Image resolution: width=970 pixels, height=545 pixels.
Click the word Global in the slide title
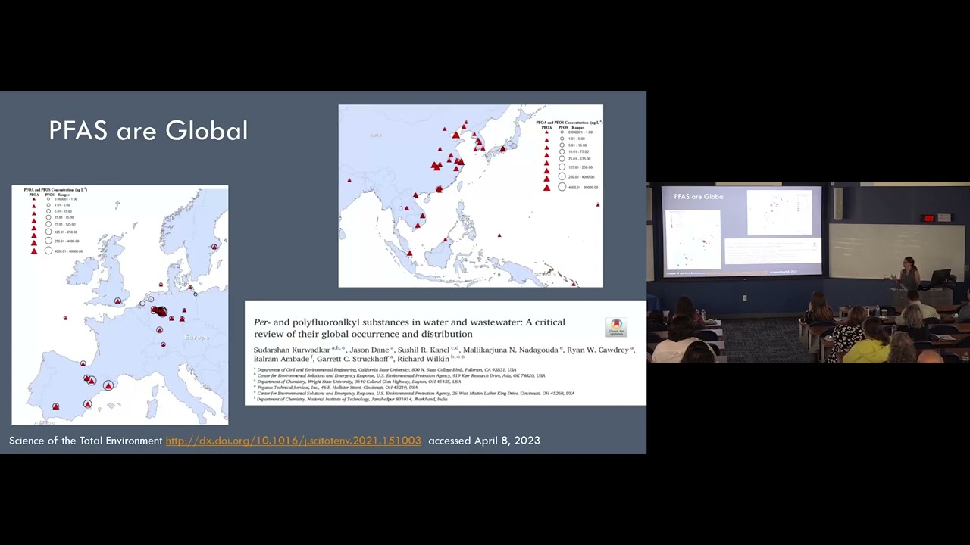(206, 131)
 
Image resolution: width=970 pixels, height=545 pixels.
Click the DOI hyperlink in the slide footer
(293, 441)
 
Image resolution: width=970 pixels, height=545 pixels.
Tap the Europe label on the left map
(196, 337)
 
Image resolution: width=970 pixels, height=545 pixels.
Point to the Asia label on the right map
(375, 135)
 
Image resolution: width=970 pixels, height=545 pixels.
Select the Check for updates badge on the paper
(616, 327)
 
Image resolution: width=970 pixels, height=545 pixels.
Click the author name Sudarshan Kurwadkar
(292, 350)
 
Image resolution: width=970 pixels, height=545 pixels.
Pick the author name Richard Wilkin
(423, 359)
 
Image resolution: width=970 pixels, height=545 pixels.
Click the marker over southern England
(117, 301)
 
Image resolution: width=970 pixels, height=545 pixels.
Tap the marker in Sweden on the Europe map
(214, 247)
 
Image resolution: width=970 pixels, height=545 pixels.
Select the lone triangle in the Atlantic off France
(65, 318)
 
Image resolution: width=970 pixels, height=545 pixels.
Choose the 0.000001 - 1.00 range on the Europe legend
(65, 199)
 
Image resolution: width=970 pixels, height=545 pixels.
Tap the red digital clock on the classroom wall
(928, 219)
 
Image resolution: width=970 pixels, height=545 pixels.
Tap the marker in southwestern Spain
(55, 406)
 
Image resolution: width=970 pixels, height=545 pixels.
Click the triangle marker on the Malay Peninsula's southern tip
(410, 253)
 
